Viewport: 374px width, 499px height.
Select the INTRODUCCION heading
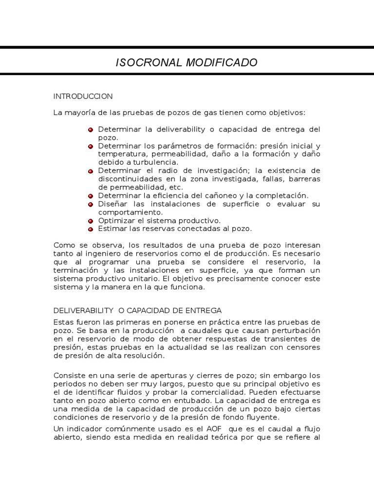point(83,96)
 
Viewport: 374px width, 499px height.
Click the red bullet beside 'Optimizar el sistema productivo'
point(91,221)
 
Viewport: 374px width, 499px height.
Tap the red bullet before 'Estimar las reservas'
point(91,229)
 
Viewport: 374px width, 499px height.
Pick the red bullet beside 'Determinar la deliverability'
point(91,130)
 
